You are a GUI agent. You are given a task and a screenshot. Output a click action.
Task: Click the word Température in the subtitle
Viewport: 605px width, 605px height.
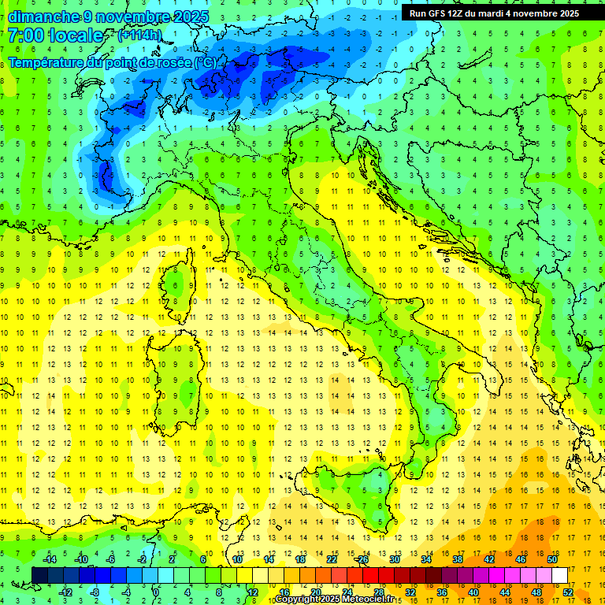click(47, 61)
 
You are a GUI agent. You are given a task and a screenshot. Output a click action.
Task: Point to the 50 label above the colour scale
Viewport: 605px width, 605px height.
click(551, 559)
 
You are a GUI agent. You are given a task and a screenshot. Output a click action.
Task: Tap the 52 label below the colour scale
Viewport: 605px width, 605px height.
click(568, 592)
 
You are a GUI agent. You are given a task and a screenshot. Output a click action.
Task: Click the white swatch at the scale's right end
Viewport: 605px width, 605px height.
click(560, 576)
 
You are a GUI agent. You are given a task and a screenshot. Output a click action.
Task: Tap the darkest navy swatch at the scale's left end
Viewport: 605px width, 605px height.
click(39, 576)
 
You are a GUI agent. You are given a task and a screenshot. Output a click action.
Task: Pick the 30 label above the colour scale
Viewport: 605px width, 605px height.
click(394, 559)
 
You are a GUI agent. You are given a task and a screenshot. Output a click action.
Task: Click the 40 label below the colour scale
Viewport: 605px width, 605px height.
click(473, 592)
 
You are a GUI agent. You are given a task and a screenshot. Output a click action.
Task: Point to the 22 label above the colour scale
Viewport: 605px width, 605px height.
click(332, 559)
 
